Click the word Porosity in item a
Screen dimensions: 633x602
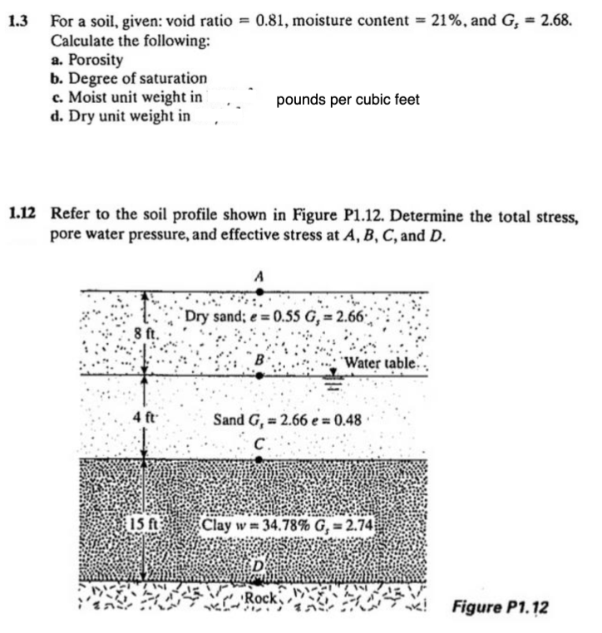pyautogui.click(x=96, y=60)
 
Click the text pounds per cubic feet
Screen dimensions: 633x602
pyautogui.click(x=348, y=100)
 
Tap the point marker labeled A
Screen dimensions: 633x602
pyautogui.click(x=260, y=291)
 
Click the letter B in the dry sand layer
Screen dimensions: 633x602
pyautogui.click(x=259, y=361)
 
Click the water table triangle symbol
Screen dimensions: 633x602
pyautogui.click(x=334, y=373)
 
